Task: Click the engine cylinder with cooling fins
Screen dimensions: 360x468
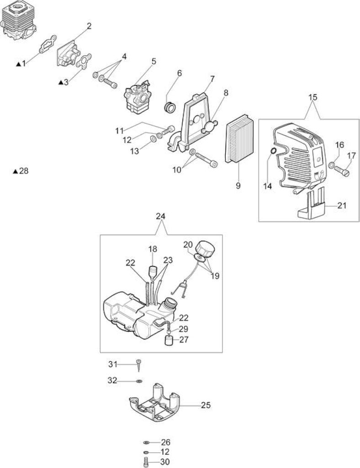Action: click(18, 25)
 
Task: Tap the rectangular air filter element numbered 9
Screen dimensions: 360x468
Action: click(239, 138)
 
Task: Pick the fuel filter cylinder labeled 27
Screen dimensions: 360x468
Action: click(169, 340)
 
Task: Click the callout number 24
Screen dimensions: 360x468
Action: click(161, 216)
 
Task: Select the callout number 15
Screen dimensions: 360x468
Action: click(313, 97)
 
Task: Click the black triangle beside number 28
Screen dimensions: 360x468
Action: click(16, 171)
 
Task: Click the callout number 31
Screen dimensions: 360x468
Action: click(112, 364)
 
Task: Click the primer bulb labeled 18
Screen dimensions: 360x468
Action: click(153, 272)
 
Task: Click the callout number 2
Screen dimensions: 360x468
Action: click(89, 26)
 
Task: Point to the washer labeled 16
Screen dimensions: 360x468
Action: click(331, 165)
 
